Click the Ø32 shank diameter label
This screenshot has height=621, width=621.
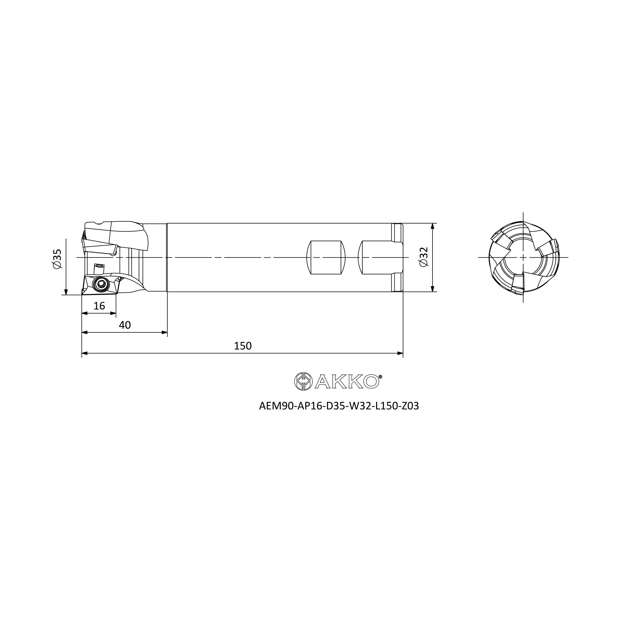[x=424, y=257]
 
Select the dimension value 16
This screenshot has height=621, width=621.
[x=99, y=306]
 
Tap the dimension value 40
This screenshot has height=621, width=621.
[x=125, y=325]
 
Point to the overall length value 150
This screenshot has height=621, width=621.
[x=243, y=346]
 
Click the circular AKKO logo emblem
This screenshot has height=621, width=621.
[x=303, y=382]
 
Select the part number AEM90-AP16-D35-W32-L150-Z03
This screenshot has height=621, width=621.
[x=339, y=406]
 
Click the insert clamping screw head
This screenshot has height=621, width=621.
[x=101, y=283]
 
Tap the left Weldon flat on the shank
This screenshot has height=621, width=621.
[x=326, y=257]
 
